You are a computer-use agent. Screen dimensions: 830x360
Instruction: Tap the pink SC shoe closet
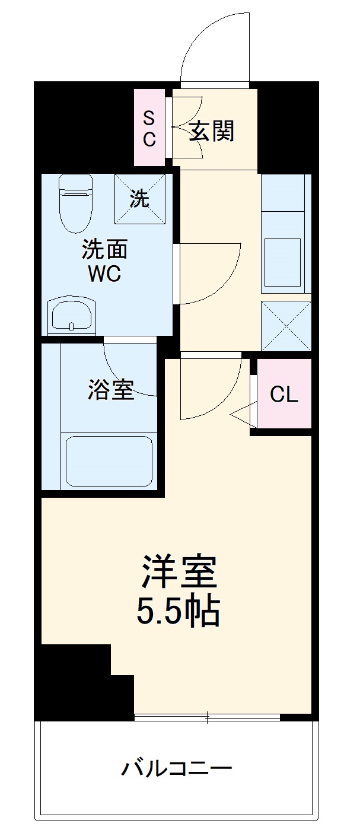click(149, 128)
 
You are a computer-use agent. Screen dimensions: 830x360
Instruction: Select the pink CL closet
click(284, 393)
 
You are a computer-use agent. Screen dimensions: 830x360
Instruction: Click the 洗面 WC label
click(104, 262)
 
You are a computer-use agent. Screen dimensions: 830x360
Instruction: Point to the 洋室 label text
click(179, 570)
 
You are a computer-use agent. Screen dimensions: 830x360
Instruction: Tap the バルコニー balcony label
click(177, 769)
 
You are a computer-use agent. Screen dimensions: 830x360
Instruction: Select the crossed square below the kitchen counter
click(286, 326)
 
